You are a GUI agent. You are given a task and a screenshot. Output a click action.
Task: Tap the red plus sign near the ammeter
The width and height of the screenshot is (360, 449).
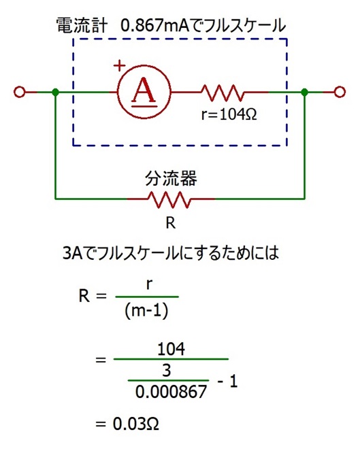tap(119, 66)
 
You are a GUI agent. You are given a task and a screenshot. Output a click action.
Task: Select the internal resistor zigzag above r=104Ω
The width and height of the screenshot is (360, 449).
tap(223, 93)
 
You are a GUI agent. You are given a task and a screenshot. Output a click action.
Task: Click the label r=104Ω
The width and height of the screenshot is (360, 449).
tap(229, 114)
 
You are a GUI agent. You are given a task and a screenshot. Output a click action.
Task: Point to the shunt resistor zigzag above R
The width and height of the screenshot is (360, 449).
tap(169, 199)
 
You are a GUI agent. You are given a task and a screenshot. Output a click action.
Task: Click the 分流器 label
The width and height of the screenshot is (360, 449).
tap(171, 179)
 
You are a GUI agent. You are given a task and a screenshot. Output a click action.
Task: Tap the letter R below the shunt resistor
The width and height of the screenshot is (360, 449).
tap(170, 222)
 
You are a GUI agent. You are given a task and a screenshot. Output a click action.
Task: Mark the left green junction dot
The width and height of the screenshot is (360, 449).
tap(56, 93)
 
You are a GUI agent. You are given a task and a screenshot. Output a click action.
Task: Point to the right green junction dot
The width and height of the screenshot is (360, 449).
tap(305, 93)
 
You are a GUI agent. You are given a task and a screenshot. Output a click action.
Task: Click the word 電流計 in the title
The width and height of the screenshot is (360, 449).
tap(82, 25)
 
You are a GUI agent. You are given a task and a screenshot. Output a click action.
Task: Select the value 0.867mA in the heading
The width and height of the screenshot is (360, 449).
tap(155, 25)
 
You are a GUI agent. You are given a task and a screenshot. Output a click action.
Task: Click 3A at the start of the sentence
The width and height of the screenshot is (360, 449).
tap(73, 253)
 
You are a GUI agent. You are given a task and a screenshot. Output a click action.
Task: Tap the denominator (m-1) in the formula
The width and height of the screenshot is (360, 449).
tap(146, 310)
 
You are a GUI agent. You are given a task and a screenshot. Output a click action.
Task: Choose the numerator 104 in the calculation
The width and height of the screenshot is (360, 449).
tap(171, 349)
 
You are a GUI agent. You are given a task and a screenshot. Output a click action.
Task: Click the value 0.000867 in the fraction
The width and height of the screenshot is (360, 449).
tap(171, 392)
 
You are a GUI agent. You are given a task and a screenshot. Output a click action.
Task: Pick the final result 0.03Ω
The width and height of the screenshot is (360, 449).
tap(135, 424)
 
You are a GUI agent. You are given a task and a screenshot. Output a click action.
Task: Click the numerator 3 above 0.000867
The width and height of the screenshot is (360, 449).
tap(167, 370)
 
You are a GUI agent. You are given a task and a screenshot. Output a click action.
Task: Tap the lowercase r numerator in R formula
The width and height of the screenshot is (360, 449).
tap(149, 285)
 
